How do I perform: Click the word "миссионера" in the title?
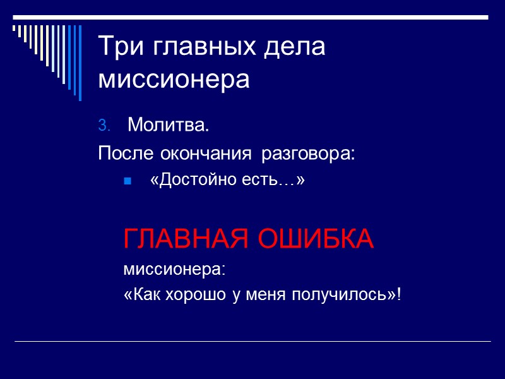click(x=174, y=80)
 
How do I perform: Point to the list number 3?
click(x=104, y=126)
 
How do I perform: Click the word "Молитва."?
click(x=168, y=126)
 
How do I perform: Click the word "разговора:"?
click(x=309, y=153)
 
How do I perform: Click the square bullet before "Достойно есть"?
click(x=127, y=182)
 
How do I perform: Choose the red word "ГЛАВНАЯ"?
click(x=181, y=239)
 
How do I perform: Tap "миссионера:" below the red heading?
click(x=174, y=270)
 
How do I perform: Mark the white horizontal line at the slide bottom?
click(x=252, y=342)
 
